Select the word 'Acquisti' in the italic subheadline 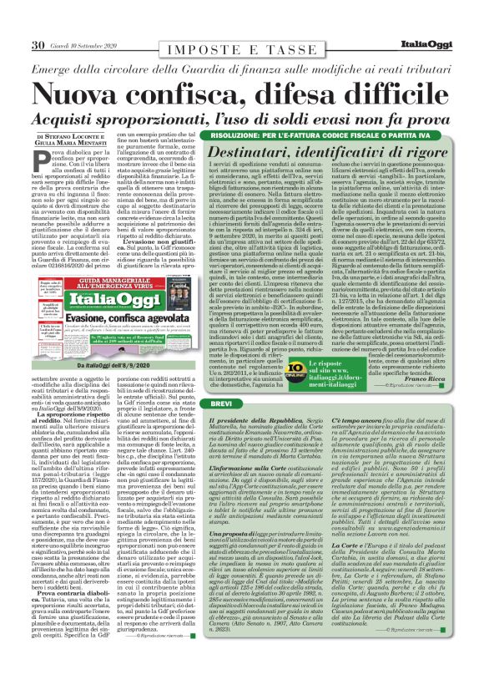point(85,114)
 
